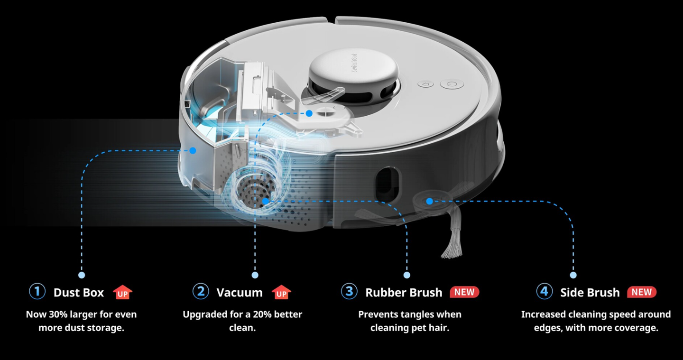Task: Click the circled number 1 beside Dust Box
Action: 37,291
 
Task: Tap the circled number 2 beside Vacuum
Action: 201,291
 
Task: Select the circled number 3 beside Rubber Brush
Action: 349,291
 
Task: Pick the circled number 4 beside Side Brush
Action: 545,291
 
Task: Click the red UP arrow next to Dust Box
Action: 122,292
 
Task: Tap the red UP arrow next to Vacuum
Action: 281,292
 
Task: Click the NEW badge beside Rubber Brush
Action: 464,292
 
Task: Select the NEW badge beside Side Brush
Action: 642,292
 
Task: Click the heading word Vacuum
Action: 240,293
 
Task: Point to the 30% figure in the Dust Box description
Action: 58,314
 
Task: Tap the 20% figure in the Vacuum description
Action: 262,314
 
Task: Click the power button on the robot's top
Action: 452,84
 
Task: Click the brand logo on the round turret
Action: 354,63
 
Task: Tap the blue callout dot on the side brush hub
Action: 430,201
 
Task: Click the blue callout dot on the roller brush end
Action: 266,201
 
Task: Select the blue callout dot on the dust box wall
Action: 193,150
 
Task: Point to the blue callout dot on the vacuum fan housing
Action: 309,113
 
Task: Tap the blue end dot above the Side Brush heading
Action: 573,275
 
